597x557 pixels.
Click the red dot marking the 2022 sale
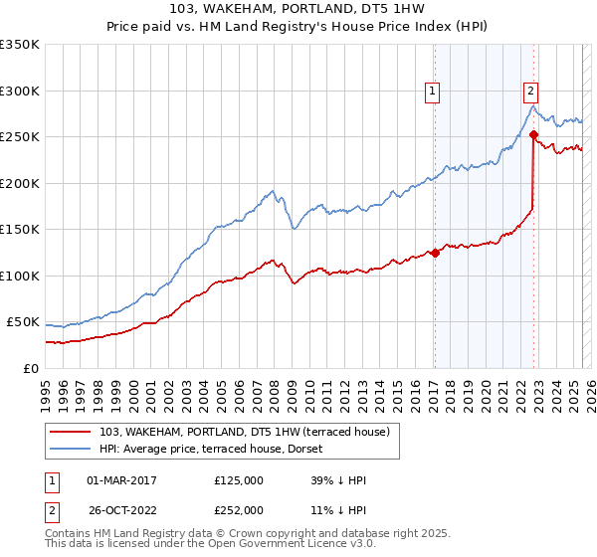click(534, 134)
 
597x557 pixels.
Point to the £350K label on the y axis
click(20, 45)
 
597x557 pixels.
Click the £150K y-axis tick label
click(20, 230)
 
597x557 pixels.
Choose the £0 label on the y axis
click(32, 369)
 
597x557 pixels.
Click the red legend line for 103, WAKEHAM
click(73, 431)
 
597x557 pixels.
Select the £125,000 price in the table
click(239, 480)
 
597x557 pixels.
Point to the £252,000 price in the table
click(239, 510)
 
